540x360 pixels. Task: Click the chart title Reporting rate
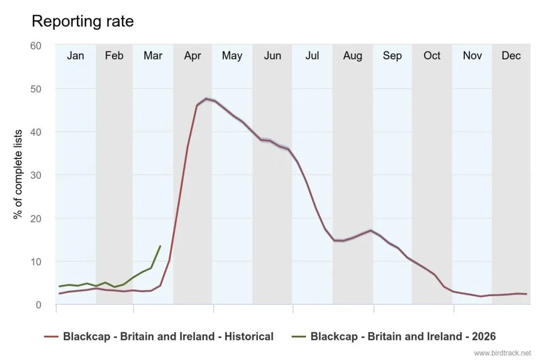tap(83, 21)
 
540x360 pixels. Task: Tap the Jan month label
tap(75, 56)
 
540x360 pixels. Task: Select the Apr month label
tap(192, 56)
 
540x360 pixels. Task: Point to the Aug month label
tap(352, 56)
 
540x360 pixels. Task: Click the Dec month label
tap(511, 56)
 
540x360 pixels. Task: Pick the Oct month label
tap(432, 56)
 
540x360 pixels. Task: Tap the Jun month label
tap(272, 56)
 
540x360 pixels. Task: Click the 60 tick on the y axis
tap(36, 45)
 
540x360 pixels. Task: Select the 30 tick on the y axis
tap(36, 175)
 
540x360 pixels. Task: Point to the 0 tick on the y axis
tap(38, 305)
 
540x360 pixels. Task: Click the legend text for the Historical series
tap(168, 336)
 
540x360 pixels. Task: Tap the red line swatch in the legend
tap(51, 336)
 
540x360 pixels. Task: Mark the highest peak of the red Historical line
tap(206, 99)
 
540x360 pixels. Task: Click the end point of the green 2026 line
tap(160, 246)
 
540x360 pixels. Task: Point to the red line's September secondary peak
tap(370, 230)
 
